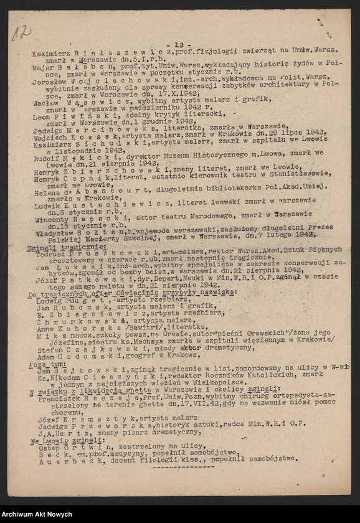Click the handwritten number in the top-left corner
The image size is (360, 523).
[20, 32]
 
